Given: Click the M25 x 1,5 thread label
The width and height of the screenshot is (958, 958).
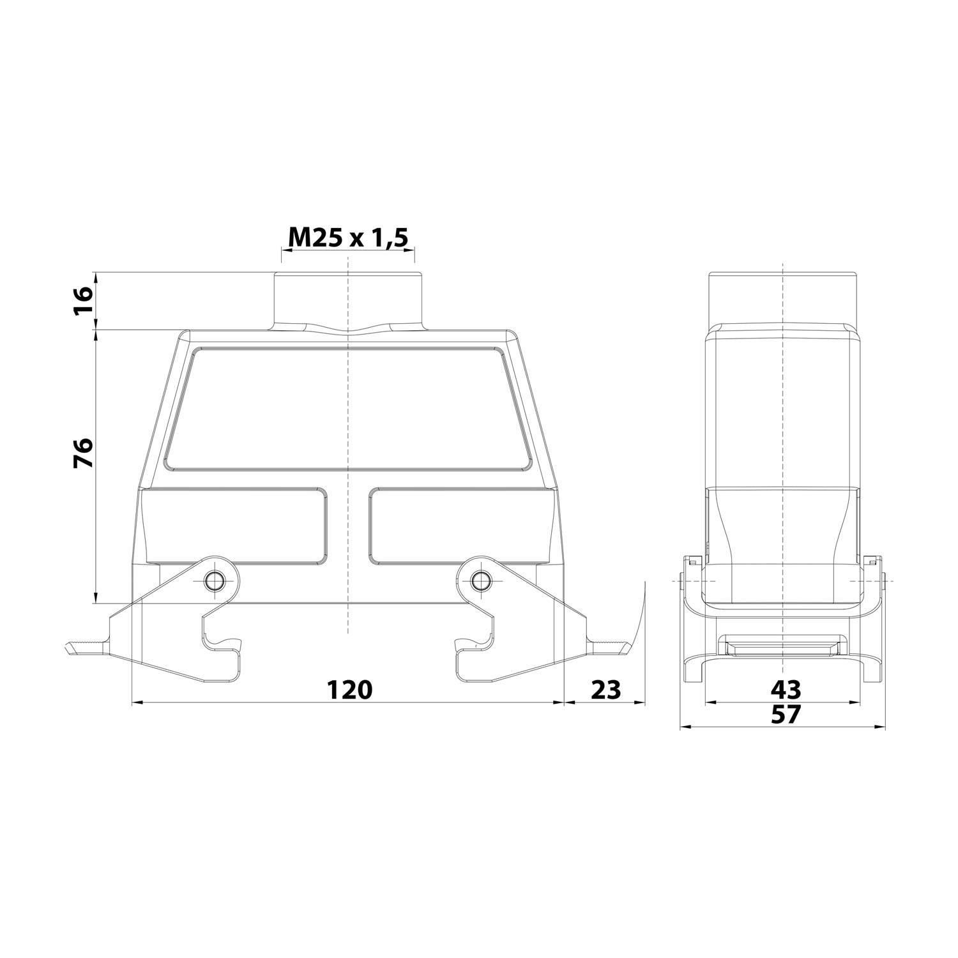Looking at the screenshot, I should (347, 238).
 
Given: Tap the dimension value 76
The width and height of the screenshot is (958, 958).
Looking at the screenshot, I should (83, 453).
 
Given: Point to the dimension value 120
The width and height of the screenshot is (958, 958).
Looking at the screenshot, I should (349, 690).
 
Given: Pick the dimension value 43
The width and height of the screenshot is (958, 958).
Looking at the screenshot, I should (785, 690).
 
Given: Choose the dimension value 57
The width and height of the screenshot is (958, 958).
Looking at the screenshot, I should (785, 715).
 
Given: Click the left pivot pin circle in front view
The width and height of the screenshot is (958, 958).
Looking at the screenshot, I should (213, 581).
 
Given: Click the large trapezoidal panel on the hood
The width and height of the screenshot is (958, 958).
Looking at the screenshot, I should (348, 409).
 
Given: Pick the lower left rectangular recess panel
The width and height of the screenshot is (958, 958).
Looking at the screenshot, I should (236, 526).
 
